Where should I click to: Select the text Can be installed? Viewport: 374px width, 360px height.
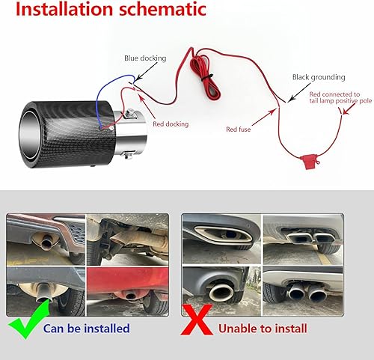pyautogui.click(x=87, y=329)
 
